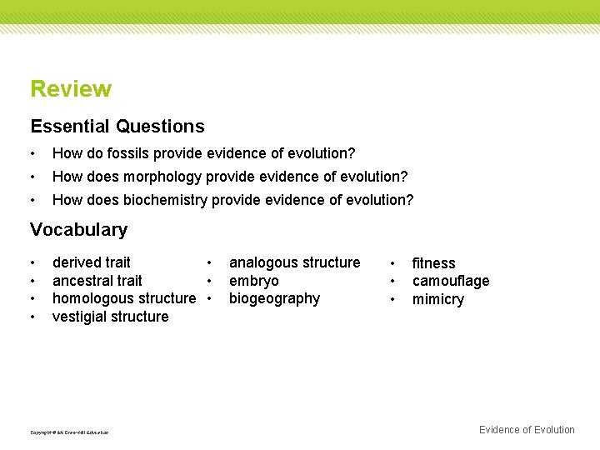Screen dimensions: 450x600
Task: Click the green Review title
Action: point(71,89)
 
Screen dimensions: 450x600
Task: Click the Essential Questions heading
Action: point(117,127)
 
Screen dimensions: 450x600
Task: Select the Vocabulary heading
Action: point(78,230)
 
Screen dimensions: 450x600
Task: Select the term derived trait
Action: point(92,262)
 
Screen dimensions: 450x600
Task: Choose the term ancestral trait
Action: point(97,281)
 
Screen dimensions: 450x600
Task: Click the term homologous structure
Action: point(124,298)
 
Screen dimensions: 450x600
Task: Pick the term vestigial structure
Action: point(110,317)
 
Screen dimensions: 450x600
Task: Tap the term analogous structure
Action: point(294,262)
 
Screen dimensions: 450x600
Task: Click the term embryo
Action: point(253,281)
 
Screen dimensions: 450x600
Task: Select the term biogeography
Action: point(274,298)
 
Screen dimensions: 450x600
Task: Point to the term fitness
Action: point(433,263)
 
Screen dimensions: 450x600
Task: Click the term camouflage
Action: point(451,281)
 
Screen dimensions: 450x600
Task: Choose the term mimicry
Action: point(437,299)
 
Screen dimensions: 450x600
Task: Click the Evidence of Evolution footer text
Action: point(527,430)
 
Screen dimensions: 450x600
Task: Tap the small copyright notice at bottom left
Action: point(69,432)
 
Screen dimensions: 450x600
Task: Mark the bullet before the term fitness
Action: point(392,263)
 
